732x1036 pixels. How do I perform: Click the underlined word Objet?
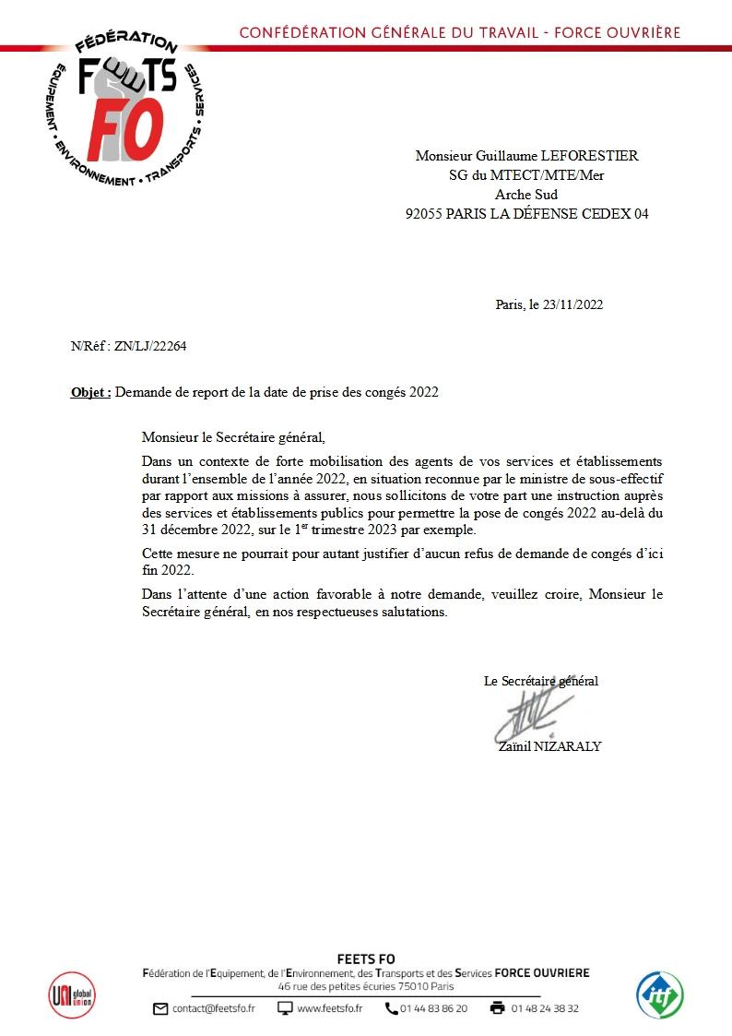pos(89,391)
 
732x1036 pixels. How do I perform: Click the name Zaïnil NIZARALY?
pos(549,745)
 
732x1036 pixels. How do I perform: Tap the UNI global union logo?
pos(71,994)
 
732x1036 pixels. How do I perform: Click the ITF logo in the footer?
pos(660,994)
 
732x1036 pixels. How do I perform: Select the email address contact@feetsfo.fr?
pos(213,1008)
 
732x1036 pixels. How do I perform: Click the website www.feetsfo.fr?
pos(329,1008)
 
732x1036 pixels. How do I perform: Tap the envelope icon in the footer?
pos(160,1008)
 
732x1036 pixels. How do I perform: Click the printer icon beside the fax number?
pos(498,1008)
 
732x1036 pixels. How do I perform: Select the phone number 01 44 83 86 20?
pos(433,1008)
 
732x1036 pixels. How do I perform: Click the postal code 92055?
pos(425,214)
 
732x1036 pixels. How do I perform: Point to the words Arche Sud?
pos(526,195)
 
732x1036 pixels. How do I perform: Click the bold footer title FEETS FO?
pos(366,959)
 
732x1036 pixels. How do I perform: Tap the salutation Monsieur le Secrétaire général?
pos(233,437)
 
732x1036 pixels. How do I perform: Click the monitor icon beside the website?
pos(286,1008)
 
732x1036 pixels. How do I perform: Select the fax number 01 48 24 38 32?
pos(545,1008)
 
